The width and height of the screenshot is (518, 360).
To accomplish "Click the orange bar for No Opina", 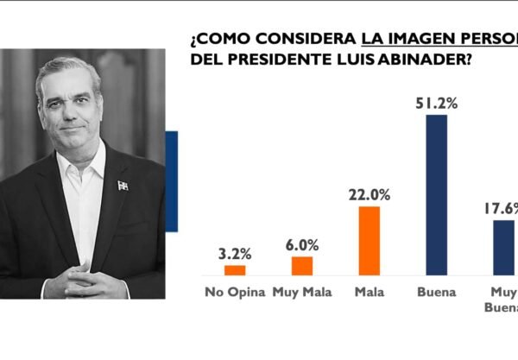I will [x=235, y=270].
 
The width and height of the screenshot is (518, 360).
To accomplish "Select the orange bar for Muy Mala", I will [x=302, y=266].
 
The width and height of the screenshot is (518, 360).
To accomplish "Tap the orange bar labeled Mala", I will [x=369, y=241].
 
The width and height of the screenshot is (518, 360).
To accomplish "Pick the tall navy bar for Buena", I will [x=437, y=195].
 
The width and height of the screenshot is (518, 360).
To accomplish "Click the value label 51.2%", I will [x=437, y=104].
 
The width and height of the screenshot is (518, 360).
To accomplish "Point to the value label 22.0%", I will [x=369, y=196].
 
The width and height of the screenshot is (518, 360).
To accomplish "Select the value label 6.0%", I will [x=302, y=245].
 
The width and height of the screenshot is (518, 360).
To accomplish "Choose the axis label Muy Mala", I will [x=301, y=291].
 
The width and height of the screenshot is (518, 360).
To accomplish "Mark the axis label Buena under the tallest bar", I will [x=436, y=291].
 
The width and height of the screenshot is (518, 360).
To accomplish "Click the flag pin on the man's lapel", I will [x=123, y=186].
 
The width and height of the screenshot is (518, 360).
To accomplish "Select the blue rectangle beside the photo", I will [x=171, y=180].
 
